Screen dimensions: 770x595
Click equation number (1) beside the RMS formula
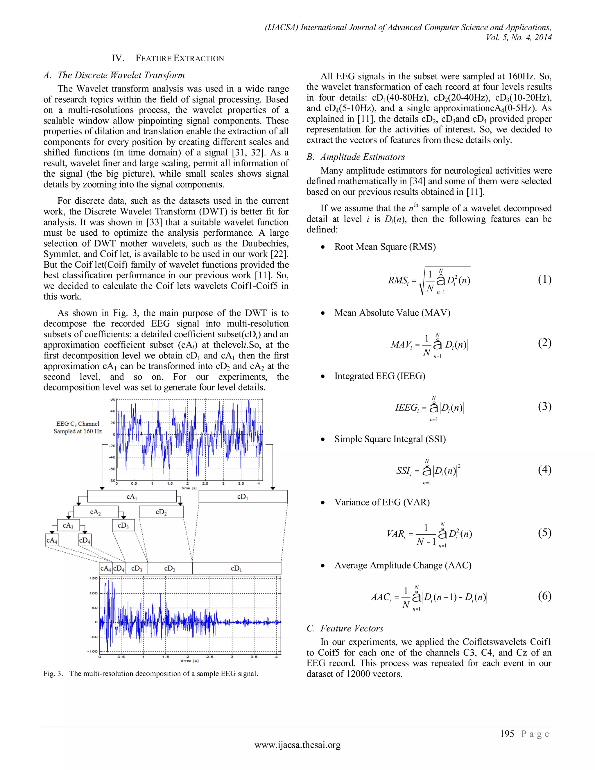[x=544, y=280]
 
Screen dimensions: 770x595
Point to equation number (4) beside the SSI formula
[x=544, y=470]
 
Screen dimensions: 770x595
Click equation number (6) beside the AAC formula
[x=544, y=596]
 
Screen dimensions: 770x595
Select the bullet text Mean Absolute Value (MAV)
[x=392, y=313]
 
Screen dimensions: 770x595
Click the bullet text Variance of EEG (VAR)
[x=382, y=502]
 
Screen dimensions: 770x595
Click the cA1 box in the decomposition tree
[x=132, y=496]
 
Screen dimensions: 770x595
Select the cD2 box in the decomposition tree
[x=161, y=512]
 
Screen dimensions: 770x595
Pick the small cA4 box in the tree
[x=52, y=540]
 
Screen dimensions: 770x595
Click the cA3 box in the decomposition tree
[x=68, y=526]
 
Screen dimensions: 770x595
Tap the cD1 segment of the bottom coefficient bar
[x=236, y=568]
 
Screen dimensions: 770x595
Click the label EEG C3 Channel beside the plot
[x=78, y=424]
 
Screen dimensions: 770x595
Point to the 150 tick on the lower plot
[x=94, y=578]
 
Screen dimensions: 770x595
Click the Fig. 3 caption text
[x=150, y=674]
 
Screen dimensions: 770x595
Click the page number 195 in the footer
[x=507, y=734]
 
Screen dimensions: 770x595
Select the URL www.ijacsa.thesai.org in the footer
[x=297, y=745]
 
